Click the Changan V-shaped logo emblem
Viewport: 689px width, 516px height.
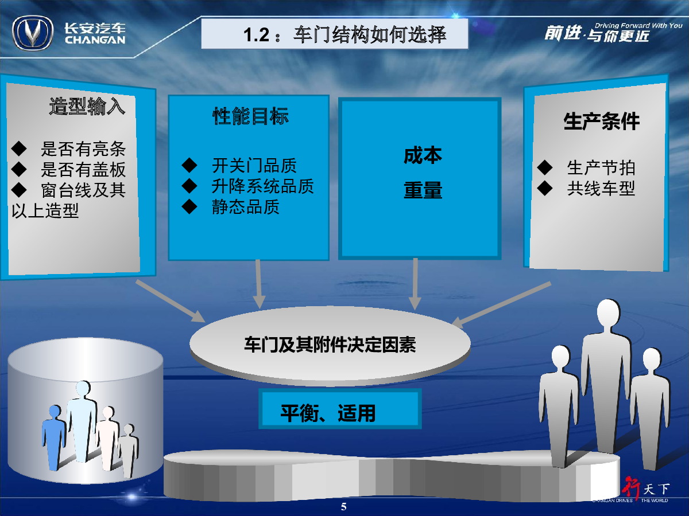pos(33,33)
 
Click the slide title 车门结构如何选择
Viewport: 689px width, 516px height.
pos(370,34)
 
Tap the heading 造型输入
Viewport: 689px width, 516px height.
pos(87,106)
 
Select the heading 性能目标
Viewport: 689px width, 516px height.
pos(250,116)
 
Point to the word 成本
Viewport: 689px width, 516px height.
pos(423,155)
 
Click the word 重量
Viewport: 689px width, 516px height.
pos(423,190)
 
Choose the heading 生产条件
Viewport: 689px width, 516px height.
pos(601,121)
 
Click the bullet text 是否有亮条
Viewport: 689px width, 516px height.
pos(83,149)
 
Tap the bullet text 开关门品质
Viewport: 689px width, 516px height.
pos(254,166)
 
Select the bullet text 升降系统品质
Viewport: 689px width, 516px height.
pos(263,186)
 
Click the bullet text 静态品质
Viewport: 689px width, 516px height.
pos(246,207)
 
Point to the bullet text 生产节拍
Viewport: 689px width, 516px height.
pos(601,167)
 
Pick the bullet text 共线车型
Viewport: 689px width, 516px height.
pos(601,188)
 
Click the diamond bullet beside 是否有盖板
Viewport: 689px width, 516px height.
pos(19,169)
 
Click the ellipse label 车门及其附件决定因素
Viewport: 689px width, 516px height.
pos(330,345)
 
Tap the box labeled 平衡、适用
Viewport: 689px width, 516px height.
pos(340,409)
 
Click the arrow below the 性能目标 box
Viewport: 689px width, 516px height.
pos(258,284)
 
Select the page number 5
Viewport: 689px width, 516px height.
pos(344,507)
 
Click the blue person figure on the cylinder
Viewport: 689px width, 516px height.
pos(53,437)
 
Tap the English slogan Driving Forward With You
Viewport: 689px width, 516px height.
pos(638,26)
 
